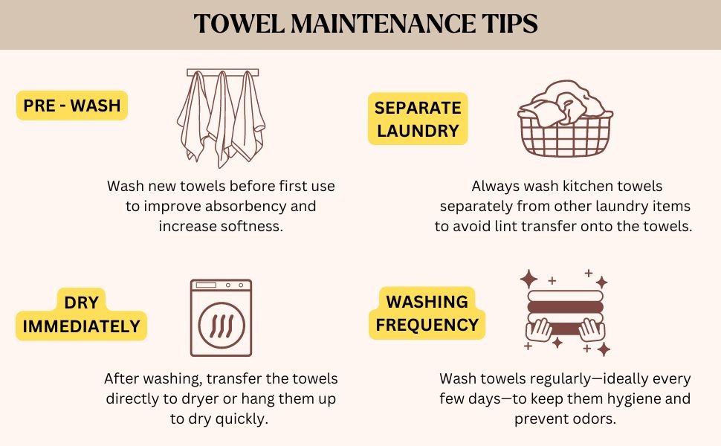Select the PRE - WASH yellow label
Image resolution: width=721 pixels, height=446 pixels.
pos(72,106)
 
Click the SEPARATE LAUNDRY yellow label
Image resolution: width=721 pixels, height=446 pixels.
pos(418,119)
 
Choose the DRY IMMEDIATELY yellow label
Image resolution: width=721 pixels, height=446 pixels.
pos(81,314)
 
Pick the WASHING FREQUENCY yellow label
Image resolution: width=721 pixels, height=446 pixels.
pos(427,313)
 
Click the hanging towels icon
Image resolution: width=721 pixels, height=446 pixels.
pos(222,118)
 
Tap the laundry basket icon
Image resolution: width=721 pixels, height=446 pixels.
pos(565,119)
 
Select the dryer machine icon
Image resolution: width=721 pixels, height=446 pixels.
pos(222,317)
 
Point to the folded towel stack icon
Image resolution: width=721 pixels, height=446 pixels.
pos(565,313)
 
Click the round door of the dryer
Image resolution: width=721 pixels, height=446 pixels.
pos(222,325)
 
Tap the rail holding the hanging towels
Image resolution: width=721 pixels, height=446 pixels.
pos(222,73)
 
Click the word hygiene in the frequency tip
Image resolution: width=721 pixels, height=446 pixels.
pos(632,399)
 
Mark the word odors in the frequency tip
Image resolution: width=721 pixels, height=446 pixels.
pos(593,419)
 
